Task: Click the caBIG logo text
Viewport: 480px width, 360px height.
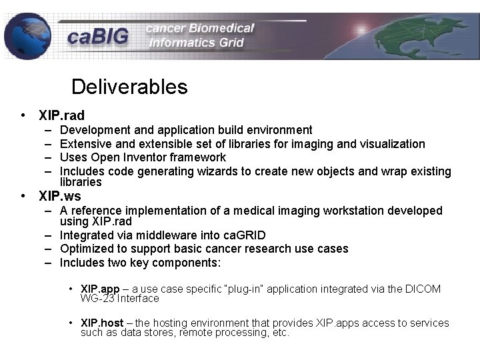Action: pyautogui.click(x=97, y=37)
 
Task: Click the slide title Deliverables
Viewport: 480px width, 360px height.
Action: pyautogui.click(x=129, y=87)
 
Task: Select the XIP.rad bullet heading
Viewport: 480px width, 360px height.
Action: pyautogui.click(x=62, y=115)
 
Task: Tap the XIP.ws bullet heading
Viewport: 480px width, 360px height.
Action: pyautogui.click(x=60, y=196)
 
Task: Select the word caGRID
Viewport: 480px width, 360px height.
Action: pyautogui.click(x=244, y=235)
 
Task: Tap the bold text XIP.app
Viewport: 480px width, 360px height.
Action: pyautogui.click(x=100, y=289)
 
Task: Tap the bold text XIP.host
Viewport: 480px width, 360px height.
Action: pyautogui.click(x=102, y=323)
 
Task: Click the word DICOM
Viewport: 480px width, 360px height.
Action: pyautogui.click(x=423, y=289)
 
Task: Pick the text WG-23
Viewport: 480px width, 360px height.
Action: pyautogui.click(x=95, y=298)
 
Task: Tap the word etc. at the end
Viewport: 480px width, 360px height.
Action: pyautogui.click(x=281, y=332)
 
